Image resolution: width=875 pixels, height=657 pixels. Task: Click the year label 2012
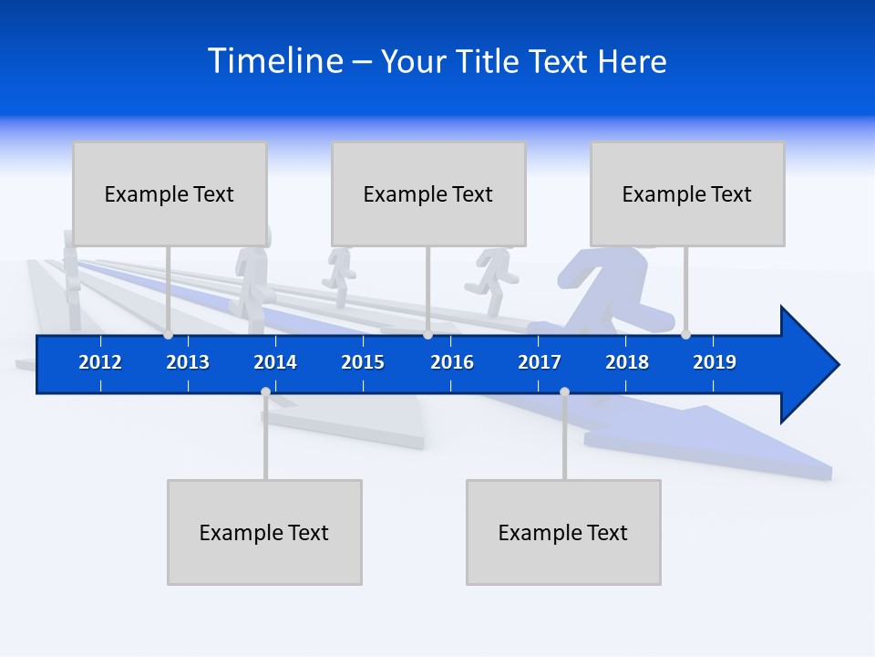coord(100,362)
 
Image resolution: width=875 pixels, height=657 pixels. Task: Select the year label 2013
coord(188,362)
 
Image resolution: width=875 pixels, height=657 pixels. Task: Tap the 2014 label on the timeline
coord(275,362)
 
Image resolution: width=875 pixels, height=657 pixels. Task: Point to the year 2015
coord(363,362)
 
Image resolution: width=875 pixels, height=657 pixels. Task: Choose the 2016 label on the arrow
coord(452,362)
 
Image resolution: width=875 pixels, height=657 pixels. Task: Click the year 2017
coord(540,362)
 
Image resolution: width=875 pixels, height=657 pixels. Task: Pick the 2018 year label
coord(627,362)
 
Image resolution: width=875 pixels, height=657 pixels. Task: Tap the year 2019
coord(715,362)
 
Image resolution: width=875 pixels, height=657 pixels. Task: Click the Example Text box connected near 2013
coord(170,193)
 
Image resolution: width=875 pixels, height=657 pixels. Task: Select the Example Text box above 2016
coord(428,193)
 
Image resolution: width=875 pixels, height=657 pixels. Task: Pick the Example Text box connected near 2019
coord(687,193)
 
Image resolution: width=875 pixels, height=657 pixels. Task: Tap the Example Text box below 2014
coord(264,532)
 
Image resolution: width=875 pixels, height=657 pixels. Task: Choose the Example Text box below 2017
coord(563,532)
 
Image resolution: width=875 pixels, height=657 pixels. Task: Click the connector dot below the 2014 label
coord(265,391)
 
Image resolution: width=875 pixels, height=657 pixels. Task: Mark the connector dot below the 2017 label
coord(564,391)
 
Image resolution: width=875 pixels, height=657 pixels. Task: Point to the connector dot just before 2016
coord(427,335)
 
